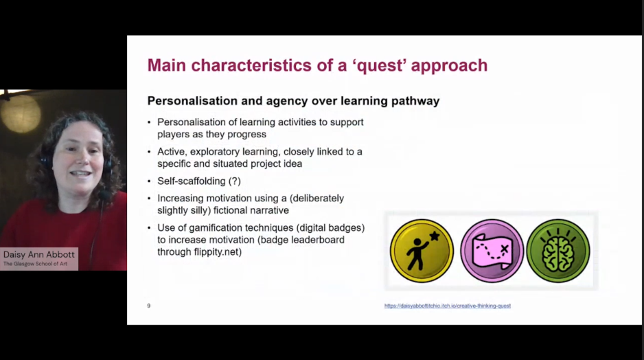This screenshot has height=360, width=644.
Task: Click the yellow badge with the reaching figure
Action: tap(422, 251)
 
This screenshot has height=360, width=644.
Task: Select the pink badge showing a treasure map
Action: tap(492, 251)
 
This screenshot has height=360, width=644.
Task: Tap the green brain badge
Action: tap(557, 251)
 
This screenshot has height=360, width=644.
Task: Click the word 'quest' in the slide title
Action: tap(381, 66)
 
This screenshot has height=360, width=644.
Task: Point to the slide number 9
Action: tap(149, 306)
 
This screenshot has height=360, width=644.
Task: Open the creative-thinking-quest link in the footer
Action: tap(447, 306)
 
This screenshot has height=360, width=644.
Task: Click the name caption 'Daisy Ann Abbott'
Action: tap(39, 255)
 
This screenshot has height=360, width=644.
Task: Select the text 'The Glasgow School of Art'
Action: tap(35, 264)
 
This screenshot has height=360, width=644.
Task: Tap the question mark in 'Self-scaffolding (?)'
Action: tap(235, 181)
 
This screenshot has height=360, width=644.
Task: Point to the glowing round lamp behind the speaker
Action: tap(21, 114)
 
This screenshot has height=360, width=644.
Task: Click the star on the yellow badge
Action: tap(435, 236)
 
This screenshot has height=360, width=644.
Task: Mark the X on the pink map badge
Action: tap(505, 249)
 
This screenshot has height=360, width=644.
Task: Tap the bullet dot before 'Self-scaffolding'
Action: tap(149, 181)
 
